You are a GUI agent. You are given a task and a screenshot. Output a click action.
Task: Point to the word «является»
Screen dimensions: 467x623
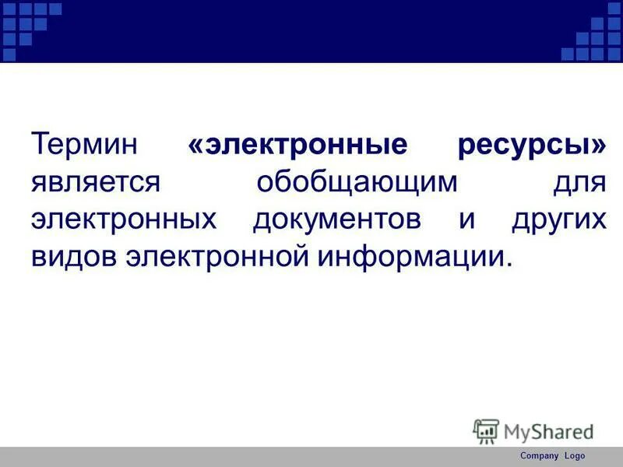(96, 184)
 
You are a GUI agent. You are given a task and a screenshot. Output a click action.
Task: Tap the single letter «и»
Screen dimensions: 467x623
(466, 220)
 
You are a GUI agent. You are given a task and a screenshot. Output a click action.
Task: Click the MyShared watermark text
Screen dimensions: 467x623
(548, 431)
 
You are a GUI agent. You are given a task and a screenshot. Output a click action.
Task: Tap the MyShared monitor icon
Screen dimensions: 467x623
(486, 431)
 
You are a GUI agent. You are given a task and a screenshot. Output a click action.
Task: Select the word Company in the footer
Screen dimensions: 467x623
(540, 456)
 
